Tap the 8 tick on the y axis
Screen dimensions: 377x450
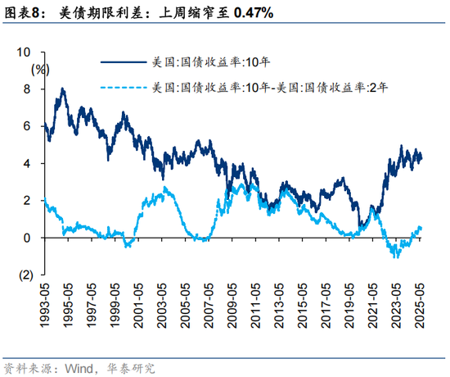pyautogui.click(x=29, y=89)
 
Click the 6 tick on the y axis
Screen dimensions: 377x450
pyautogui.click(x=29, y=126)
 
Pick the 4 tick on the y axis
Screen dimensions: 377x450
pyautogui.click(x=29, y=163)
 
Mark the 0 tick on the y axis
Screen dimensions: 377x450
pyautogui.click(x=29, y=238)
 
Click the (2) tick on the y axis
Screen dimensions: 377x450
pyautogui.click(x=25, y=275)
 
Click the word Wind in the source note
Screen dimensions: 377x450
pyautogui.click(x=78, y=366)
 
